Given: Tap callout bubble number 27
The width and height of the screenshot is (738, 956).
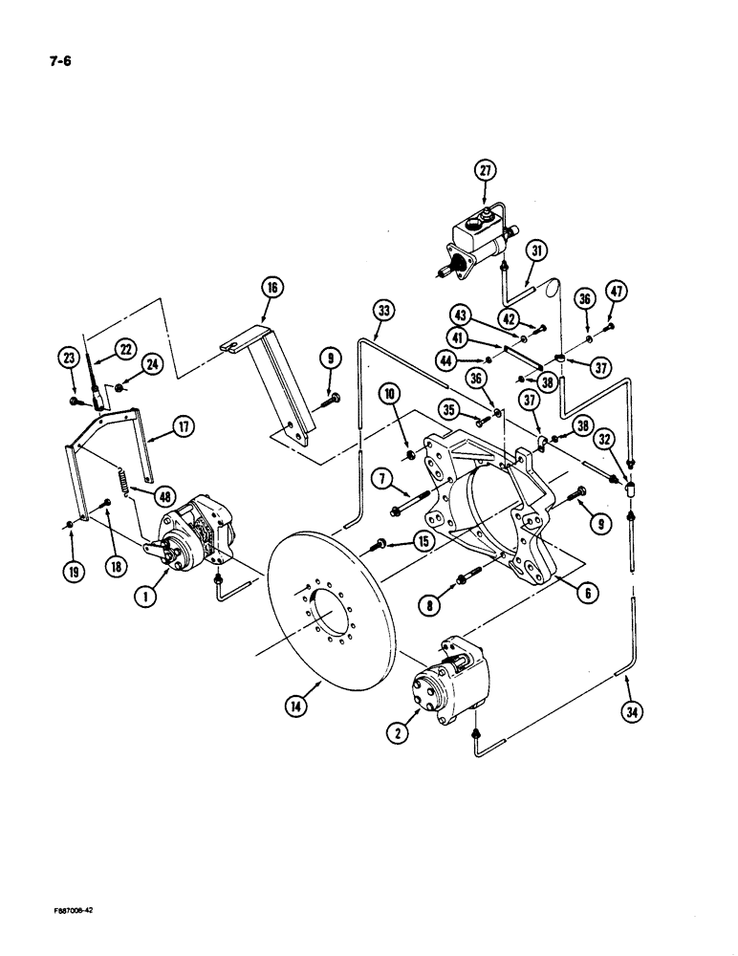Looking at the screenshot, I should [488, 172].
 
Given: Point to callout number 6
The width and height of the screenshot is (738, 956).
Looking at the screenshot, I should [587, 594].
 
